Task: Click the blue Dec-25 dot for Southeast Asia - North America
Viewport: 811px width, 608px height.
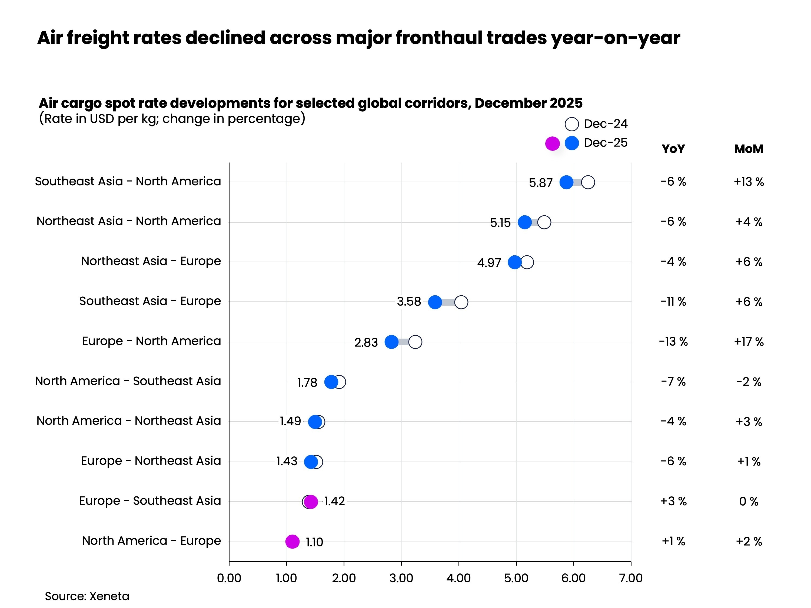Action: pos(566,182)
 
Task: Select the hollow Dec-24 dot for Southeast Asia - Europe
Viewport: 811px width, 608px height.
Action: pos(461,302)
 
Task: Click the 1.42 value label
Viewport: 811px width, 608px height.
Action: pos(334,501)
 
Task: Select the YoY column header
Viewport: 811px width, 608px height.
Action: pos(673,149)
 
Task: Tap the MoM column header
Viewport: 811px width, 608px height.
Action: pos(748,149)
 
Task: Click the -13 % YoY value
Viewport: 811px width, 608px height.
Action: pos(673,342)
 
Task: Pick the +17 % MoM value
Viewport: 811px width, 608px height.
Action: pos(748,342)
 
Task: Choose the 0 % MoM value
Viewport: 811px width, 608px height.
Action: pos(748,501)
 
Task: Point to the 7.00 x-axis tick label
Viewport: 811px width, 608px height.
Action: pos(631,578)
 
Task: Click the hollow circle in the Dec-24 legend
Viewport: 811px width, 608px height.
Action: pos(571,124)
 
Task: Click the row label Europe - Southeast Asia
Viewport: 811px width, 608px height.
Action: pos(150,501)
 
